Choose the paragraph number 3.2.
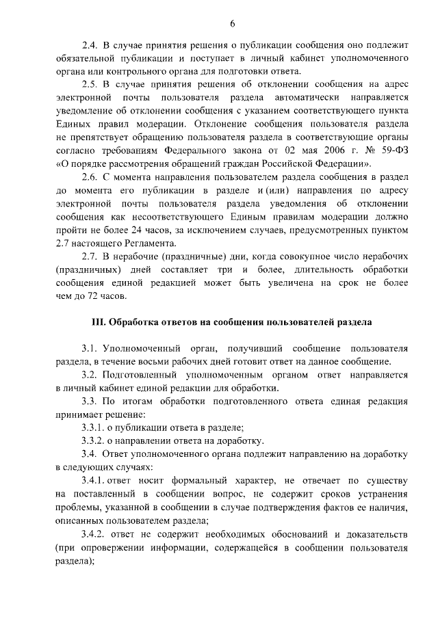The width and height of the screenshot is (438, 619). pyautogui.click(x=89, y=375)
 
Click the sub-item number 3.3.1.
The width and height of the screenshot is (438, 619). pyautogui.click(x=93, y=427)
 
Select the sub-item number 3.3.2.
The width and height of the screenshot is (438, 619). pyautogui.click(x=93, y=440)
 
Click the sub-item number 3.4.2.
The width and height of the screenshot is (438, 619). pyautogui.click(x=93, y=534)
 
